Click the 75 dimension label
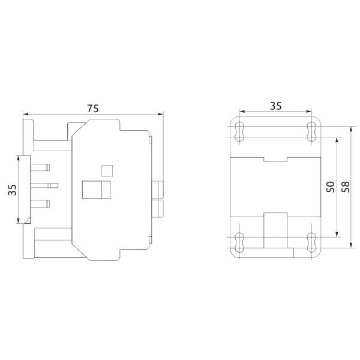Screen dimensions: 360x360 [x=92, y=108]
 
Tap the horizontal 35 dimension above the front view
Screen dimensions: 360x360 [x=275, y=106]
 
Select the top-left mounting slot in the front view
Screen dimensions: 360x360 [x=239, y=132]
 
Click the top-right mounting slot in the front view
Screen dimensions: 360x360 [x=311, y=132]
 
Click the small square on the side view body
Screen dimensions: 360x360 [x=106, y=170]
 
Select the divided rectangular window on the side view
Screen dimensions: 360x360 [x=96, y=190]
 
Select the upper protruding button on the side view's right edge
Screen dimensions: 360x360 [x=159, y=190]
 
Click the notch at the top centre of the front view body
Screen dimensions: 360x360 [x=275, y=158]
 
